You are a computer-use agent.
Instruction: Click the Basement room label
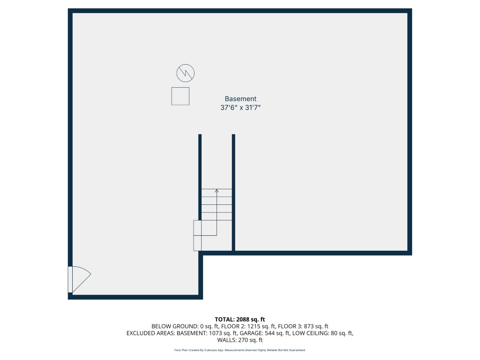click(x=240, y=99)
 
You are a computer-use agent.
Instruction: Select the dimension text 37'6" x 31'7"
click(x=240, y=107)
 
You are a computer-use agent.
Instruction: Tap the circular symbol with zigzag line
click(x=185, y=73)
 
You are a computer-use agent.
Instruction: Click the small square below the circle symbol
click(x=180, y=96)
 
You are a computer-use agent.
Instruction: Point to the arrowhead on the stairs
click(x=217, y=191)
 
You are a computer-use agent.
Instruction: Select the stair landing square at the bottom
click(x=198, y=235)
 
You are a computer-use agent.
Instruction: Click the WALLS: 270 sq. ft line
click(x=240, y=340)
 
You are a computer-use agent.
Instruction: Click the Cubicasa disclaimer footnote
click(x=240, y=350)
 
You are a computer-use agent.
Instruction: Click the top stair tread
click(x=217, y=193)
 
